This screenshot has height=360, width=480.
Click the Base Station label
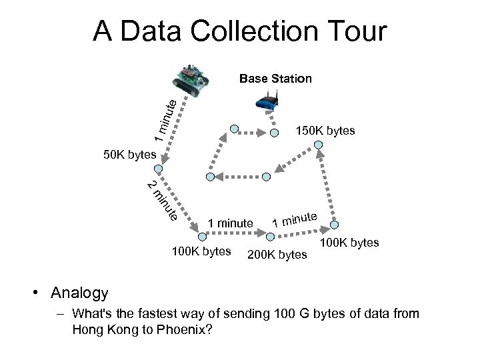point(275,79)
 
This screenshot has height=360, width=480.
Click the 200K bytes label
point(277,254)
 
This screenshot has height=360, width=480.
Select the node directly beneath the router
point(274,132)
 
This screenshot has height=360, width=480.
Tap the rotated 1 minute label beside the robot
point(163,119)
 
